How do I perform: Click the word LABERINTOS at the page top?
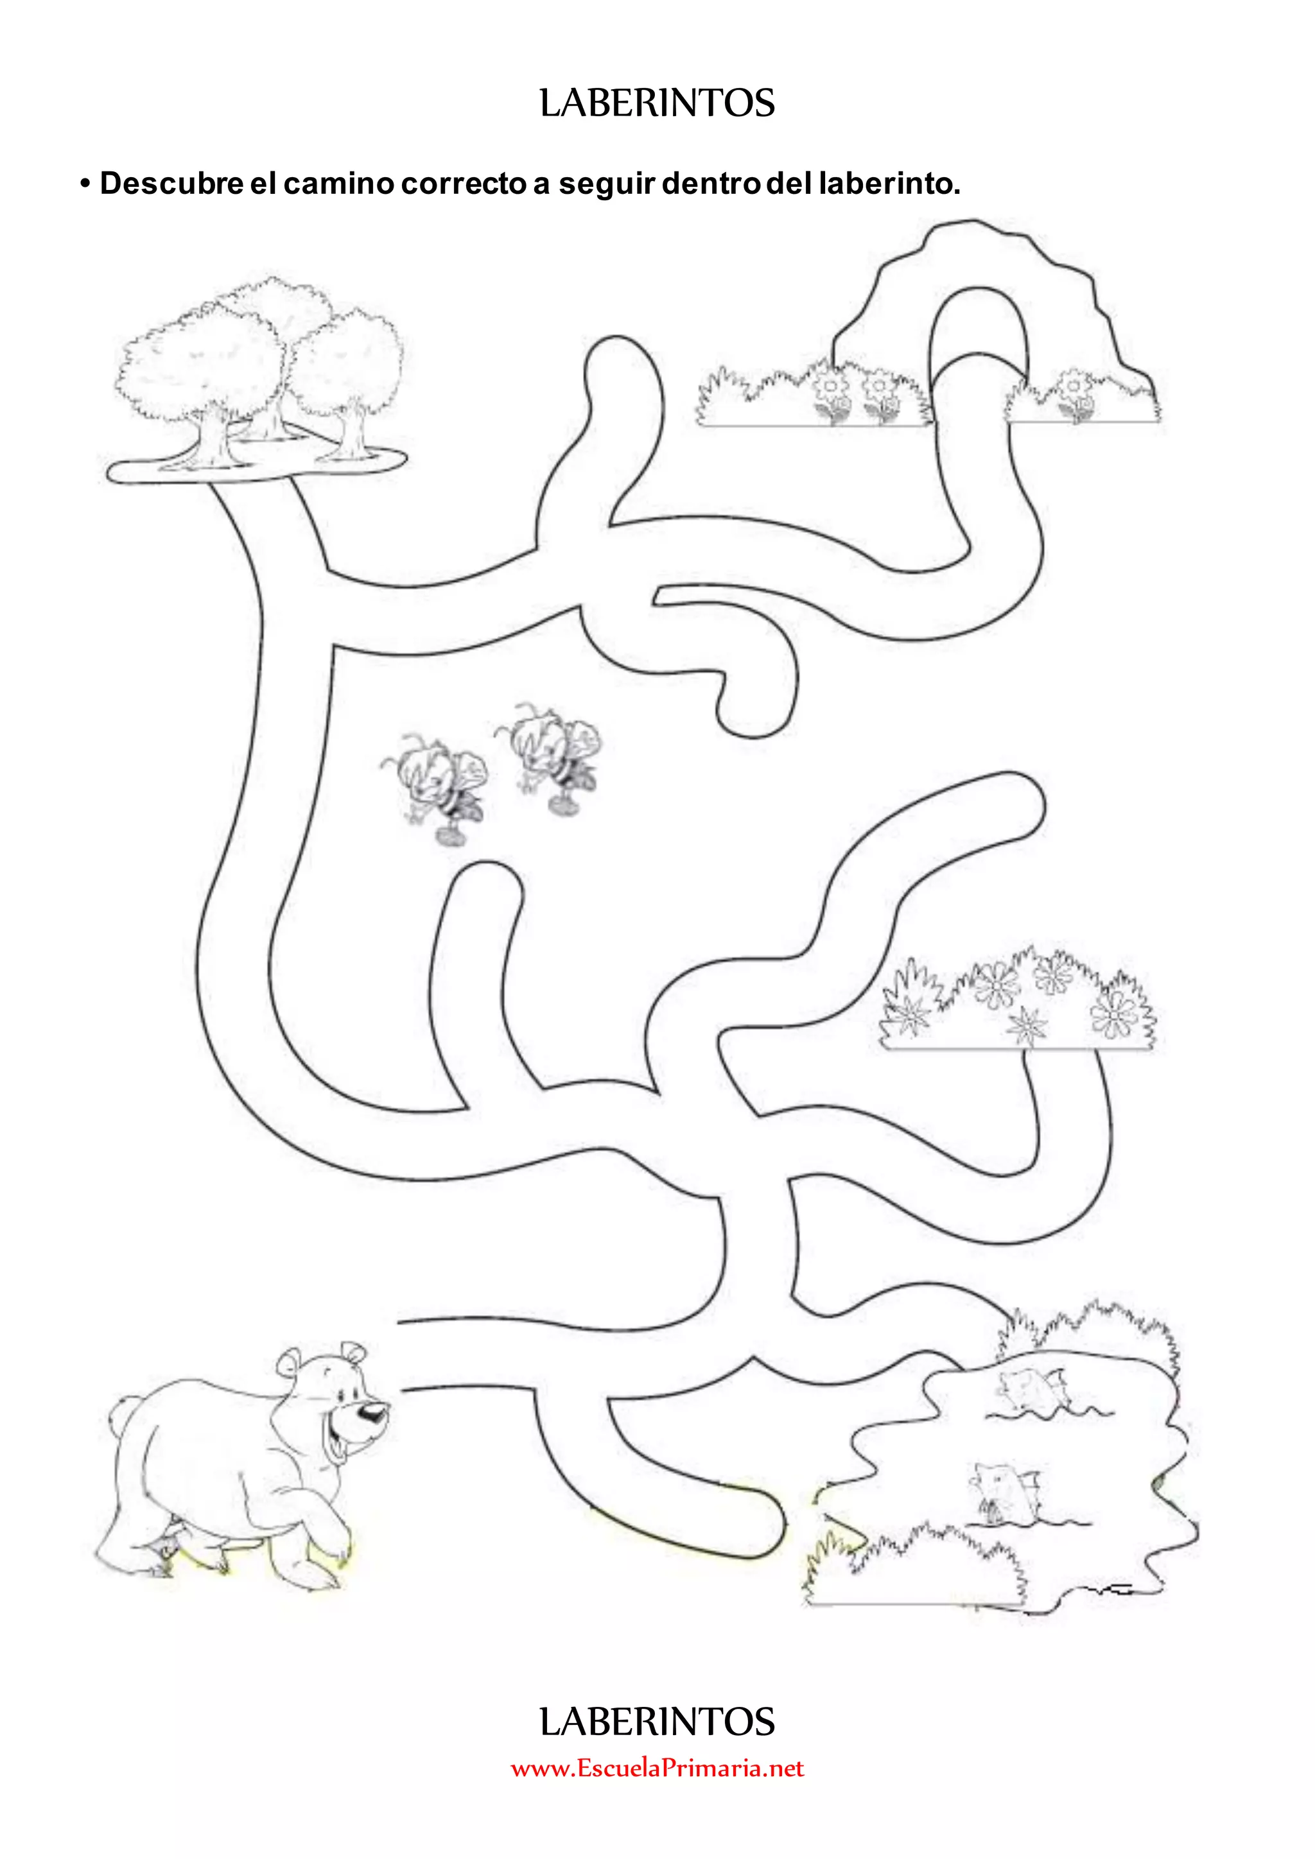point(657,103)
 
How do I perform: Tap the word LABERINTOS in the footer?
point(657,1722)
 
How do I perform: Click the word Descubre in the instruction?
point(171,183)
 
